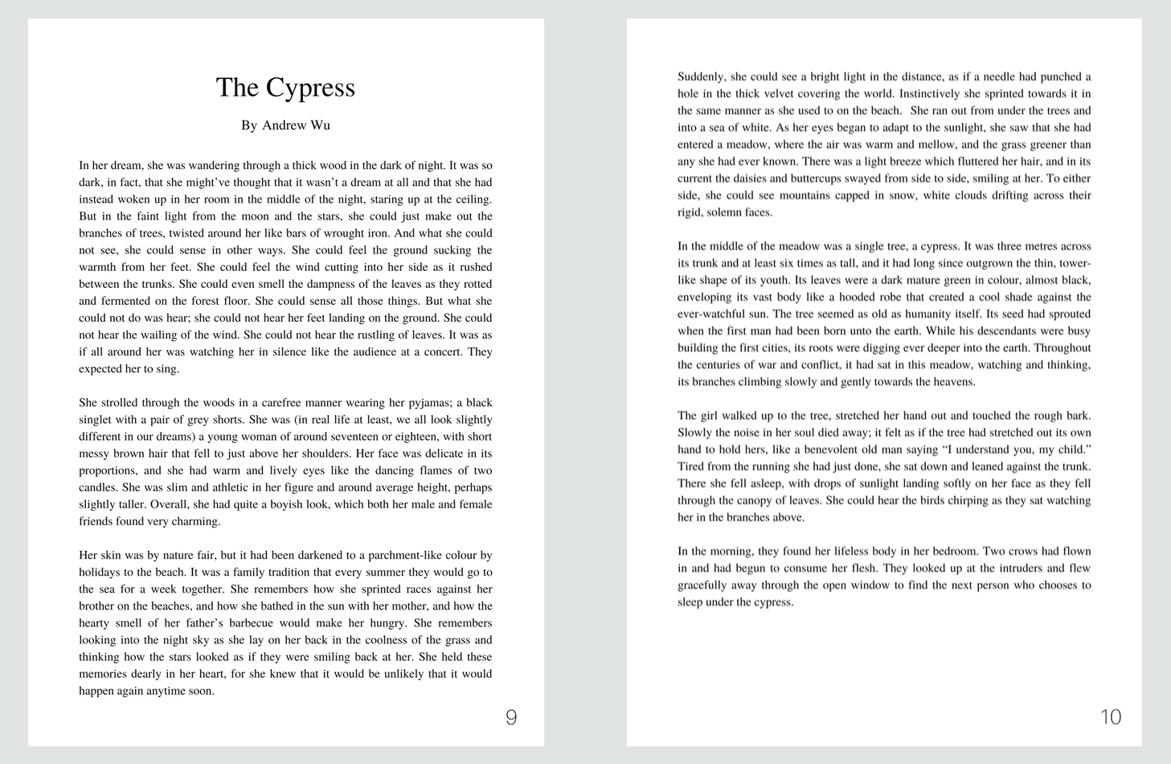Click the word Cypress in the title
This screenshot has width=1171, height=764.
click(310, 88)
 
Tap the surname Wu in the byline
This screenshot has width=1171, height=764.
click(321, 125)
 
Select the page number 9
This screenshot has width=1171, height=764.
click(511, 717)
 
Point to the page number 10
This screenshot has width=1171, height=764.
click(1110, 717)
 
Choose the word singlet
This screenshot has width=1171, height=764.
click(96, 420)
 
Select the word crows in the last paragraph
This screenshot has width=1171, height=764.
click(1020, 552)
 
